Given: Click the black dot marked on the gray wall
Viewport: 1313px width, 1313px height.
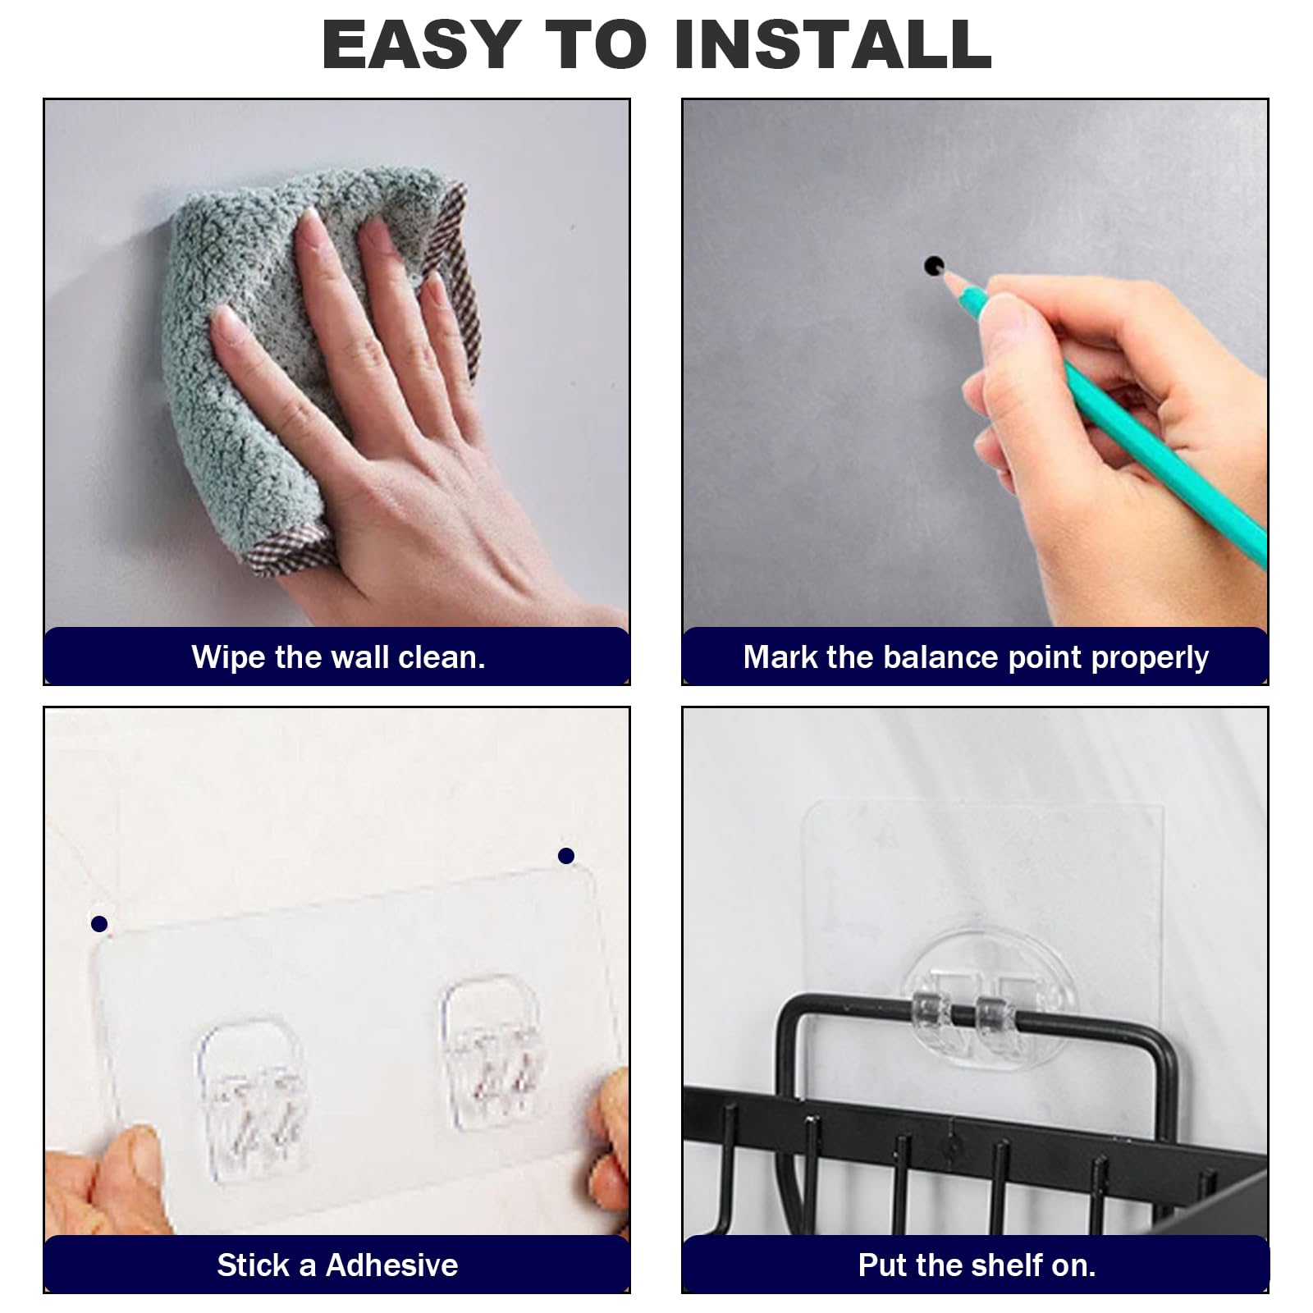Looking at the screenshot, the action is (x=934, y=266).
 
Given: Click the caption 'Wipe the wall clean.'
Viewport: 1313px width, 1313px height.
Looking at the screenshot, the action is (x=338, y=657).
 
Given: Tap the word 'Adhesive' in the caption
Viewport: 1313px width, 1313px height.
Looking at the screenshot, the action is (x=391, y=1265).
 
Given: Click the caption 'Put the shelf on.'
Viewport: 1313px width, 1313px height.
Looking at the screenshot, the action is (x=977, y=1265).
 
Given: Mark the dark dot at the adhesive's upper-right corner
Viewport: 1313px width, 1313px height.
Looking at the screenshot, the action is (x=565, y=856).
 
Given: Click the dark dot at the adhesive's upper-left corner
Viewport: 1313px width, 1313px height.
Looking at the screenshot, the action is (x=99, y=924).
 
